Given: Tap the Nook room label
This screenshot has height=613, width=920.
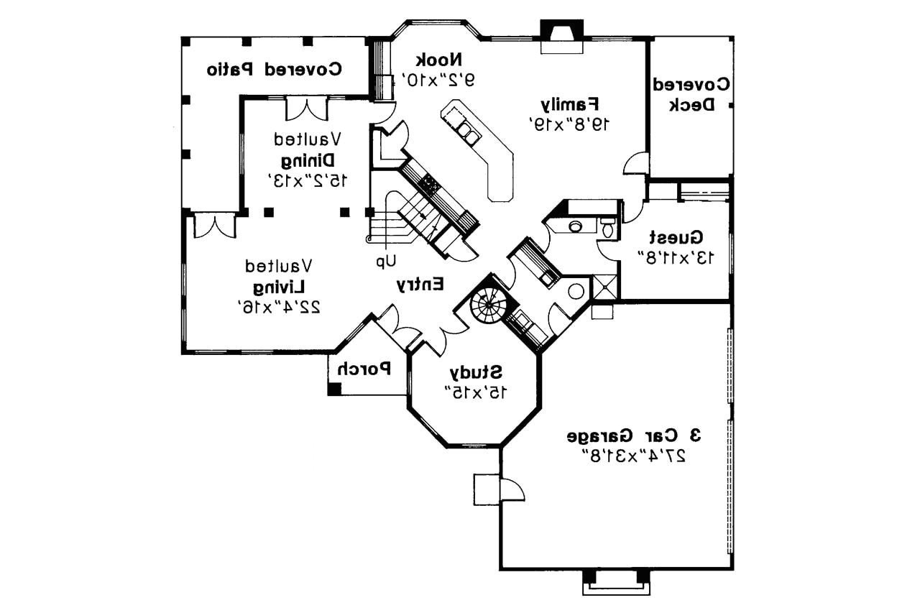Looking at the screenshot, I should pyautogui.click(x=440, y=59).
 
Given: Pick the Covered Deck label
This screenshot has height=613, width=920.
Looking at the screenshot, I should pyautogui.click(x=691, y=94).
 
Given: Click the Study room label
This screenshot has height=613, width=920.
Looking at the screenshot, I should pyautogui.click(x=476, y=372).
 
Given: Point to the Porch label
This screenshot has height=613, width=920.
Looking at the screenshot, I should pyautogui.click(x=364, y=369).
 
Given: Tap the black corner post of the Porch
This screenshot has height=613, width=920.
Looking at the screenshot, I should pyautogui.click(x=334, y=389).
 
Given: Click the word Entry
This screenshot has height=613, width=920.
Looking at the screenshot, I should pyautogui.click(x=421, y=285).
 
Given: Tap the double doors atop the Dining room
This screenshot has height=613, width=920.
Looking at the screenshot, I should pyautogui.click(x=307, y=109).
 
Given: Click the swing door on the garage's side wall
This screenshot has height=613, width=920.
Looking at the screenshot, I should pyautogui.click(x=512, y=490).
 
